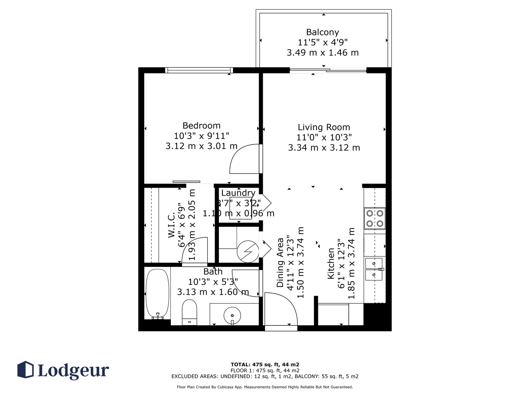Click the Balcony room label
point(322,32)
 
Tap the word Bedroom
point(201,126)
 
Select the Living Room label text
point(324,127)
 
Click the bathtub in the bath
point(157,294)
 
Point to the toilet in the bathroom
point(189,313)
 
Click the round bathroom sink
point(232,315)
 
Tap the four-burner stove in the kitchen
point(375,218)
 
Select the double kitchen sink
point(374,269)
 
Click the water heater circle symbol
point(248,252)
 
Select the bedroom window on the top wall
point(199,70)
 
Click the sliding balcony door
point(328,70)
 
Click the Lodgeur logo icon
point(25,369)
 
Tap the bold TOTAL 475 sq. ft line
point(265,364)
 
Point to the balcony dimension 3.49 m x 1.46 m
point(322,52)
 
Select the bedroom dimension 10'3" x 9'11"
point(201,136)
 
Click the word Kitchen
point(331,263)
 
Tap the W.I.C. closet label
point(171,225)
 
